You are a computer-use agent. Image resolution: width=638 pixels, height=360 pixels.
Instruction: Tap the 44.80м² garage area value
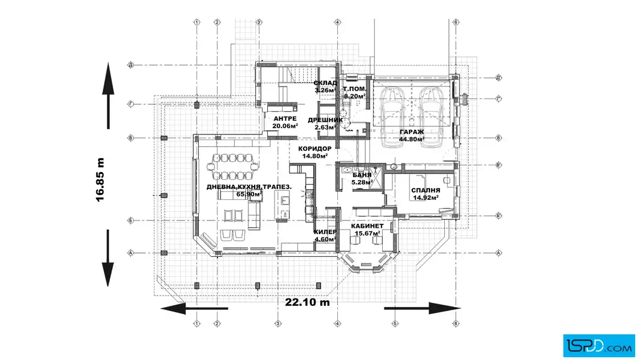411,139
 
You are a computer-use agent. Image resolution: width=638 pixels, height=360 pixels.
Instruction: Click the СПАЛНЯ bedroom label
426,191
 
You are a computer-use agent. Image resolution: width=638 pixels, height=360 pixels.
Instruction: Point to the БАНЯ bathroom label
362,175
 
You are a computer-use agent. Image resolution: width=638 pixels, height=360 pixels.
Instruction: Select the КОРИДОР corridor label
314,148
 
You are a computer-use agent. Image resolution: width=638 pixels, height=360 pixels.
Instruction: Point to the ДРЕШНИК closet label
325,120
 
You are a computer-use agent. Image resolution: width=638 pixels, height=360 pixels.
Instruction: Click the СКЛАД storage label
325,83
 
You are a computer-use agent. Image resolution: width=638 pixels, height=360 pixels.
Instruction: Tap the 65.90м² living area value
250,194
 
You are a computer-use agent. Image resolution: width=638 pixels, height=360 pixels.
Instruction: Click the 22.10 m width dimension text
308,302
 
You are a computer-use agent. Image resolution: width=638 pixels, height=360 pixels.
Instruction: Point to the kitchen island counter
281,205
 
